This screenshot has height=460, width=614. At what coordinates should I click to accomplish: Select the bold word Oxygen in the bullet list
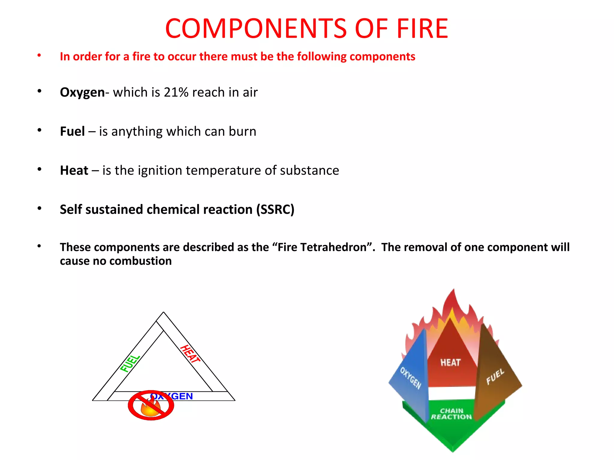coord(82,92)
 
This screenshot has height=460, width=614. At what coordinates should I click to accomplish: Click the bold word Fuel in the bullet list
coord(72,131)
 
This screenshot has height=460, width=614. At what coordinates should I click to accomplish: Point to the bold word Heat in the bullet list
coord(74,170)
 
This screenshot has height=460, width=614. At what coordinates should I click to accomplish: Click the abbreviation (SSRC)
coord(275,209)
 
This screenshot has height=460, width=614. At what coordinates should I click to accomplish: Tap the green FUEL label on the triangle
coord(130,364)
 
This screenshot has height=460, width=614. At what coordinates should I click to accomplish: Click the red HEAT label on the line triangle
coord(190,354)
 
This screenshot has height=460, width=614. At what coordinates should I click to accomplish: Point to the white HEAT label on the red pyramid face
coord(450,363)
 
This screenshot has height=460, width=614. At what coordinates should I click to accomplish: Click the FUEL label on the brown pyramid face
coord(495,377)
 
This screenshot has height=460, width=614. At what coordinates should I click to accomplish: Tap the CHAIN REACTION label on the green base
coord(452,414)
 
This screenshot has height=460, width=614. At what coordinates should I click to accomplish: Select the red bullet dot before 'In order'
coord(39,55)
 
